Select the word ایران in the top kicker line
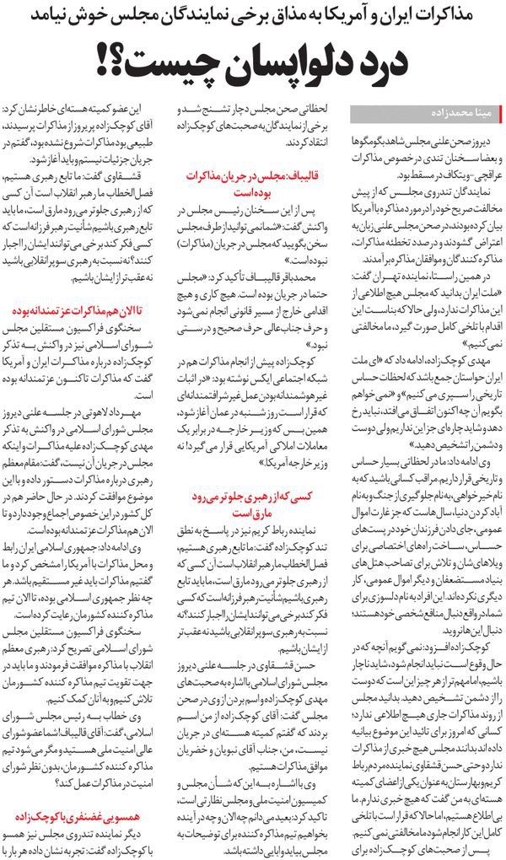pos(428,15)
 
